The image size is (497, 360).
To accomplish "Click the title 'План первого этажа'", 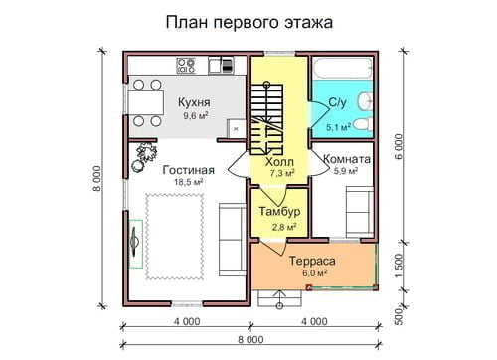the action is click(x=249, y=23).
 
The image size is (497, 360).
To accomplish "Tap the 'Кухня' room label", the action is click(x=194, y=102).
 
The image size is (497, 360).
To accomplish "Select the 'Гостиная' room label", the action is click(x=189, y=170).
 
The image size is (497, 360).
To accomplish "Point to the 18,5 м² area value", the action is click(x=189, y=182).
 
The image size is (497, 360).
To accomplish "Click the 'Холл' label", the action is click(x=279, y=162).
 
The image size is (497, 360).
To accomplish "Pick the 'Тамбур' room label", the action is click(x=280, y=211).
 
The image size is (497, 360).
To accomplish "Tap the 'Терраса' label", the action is click(x=312, y=261).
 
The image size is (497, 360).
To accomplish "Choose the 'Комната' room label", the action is click(x=347, y=159).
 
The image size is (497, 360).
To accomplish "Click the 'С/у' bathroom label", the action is click(x=338, y=103).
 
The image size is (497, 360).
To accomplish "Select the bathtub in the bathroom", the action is click(x=343, y=69).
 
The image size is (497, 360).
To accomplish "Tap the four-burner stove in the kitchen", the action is click(x=186, y=66).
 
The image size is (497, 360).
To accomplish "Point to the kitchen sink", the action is click(x=221, y=66).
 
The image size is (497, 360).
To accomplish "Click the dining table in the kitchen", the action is click(x=146, y=102).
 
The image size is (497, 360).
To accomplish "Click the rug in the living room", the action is click(x=175, y=237).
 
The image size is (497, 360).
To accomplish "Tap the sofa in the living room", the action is click(x=233, y=240).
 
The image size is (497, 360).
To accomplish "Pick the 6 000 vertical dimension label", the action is click(x=399, y=146).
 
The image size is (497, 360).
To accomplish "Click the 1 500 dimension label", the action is click(x=399, y=266).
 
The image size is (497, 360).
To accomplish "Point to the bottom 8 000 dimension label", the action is click(x=250, y=340).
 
